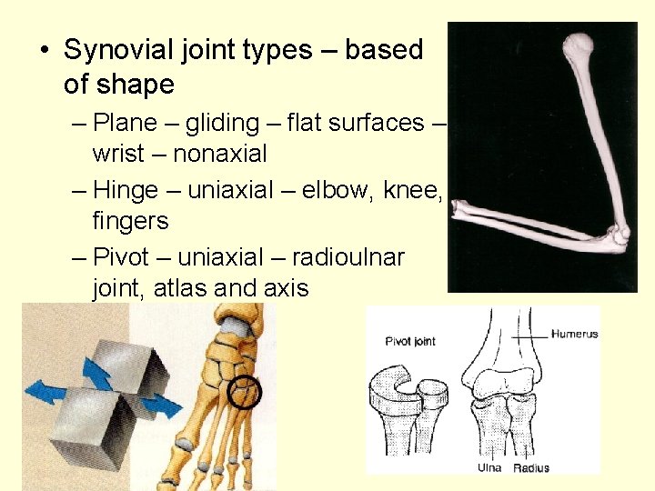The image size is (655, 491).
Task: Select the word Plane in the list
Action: click(x=126, y=122)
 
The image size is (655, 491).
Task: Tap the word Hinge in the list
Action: click(x=126, y=189)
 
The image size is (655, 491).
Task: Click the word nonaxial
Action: click(x=219, y=154)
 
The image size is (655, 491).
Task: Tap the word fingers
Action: click(x=130, y=221)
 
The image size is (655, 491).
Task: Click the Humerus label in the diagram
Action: click(x=574, y=334)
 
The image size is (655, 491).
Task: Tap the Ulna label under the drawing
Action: click(x=489, y=468)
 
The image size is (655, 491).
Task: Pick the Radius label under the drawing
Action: click(x=531, y=468)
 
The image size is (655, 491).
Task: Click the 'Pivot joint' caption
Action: click(x=410, y=342)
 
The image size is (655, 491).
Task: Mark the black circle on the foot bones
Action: click(x=245, y=392)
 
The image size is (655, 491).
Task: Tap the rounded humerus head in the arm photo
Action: click(x=577, y=45)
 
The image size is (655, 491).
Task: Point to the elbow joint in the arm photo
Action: click(x=615, y=238)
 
